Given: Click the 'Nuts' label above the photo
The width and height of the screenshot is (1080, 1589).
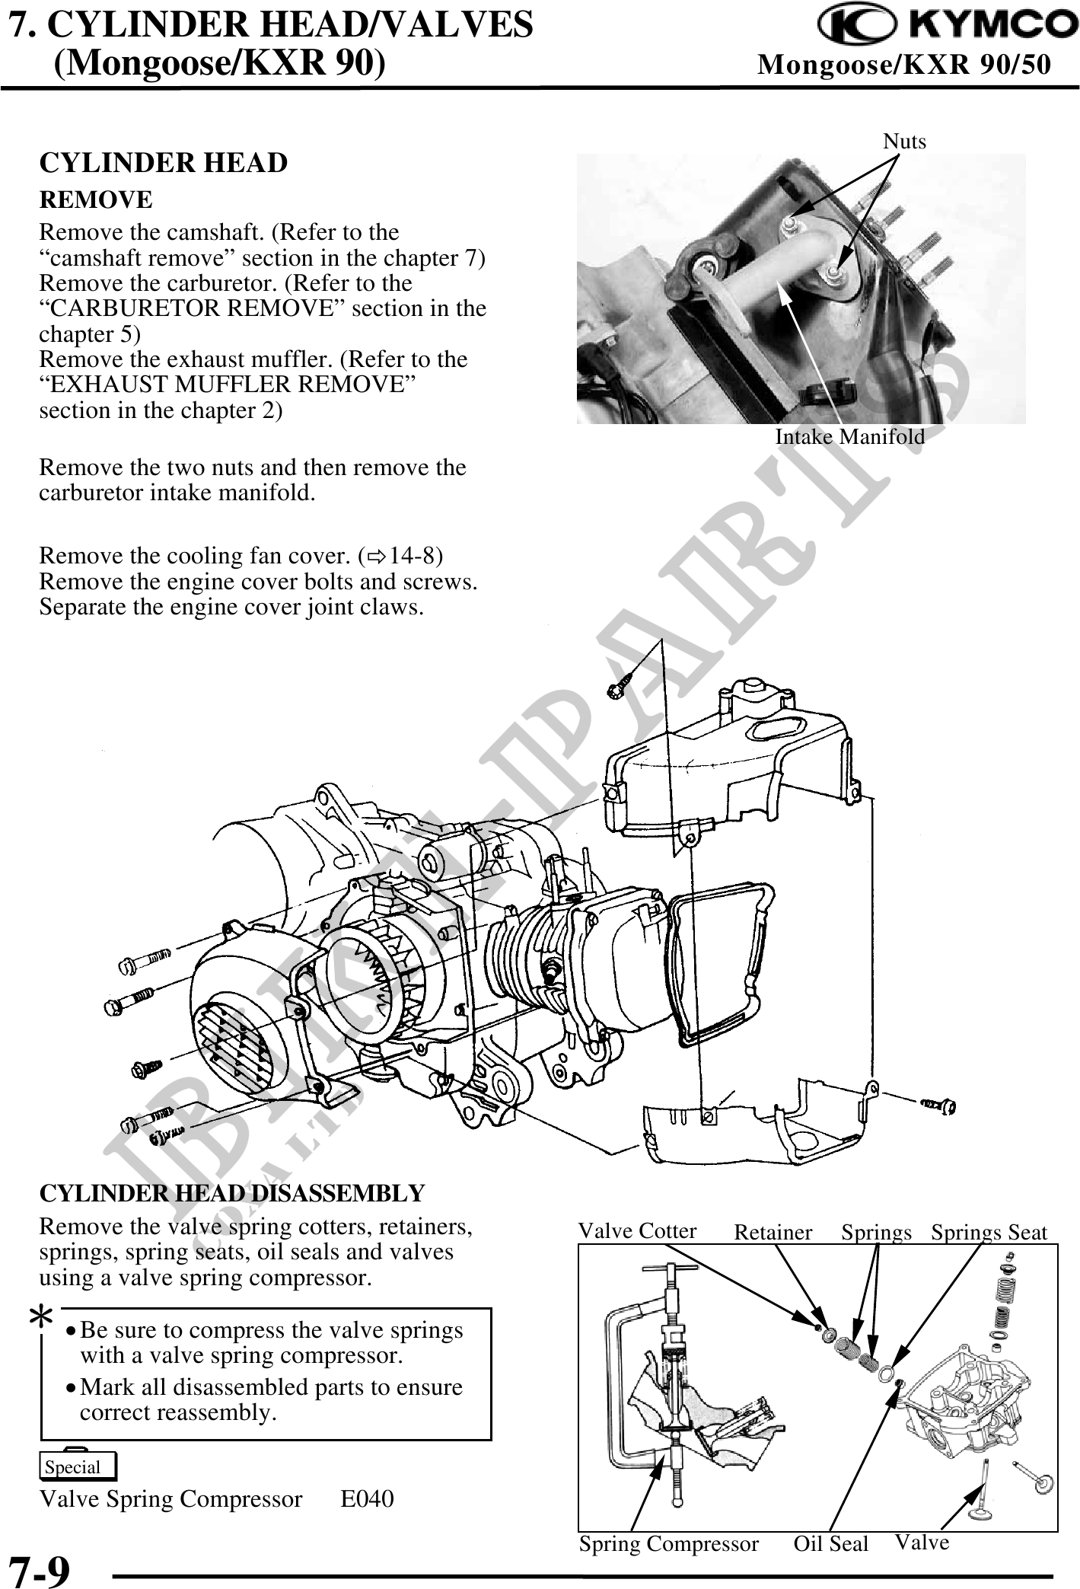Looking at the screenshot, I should click(904, 141).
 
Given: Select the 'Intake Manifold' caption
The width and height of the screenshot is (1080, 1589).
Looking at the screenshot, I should click(849, 437).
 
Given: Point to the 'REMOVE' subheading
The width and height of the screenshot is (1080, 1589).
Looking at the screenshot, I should click(96, 200).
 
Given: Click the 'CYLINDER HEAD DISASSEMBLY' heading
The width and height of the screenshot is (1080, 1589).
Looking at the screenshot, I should click(232, 1193).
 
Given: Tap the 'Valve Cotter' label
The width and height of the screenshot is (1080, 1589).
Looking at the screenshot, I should click(637, 1231).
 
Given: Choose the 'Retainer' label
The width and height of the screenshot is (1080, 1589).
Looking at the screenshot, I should click(773, 1233).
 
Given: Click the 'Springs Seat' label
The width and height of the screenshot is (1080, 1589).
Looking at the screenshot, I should click(989, 1233).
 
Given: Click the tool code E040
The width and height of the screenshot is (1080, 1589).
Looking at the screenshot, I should click(367, 1499).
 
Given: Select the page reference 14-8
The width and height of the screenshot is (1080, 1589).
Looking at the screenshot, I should click(411, 556).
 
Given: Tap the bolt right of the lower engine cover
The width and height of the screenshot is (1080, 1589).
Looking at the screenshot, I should click(939, 1104).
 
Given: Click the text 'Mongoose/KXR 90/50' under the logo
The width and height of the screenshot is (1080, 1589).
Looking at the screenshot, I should click(904, 66).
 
